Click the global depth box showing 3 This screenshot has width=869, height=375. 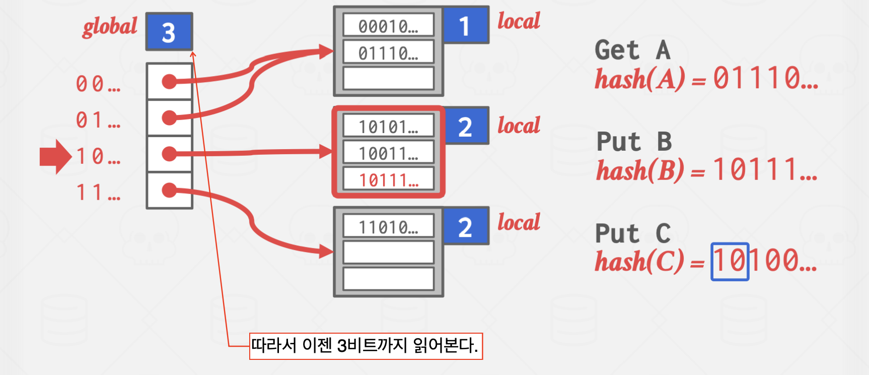[169, 32]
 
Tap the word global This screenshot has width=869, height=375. [110, 27]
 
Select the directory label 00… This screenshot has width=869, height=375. [98, 84]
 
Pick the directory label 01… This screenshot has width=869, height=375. [98, 120]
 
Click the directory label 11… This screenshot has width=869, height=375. [98, 193]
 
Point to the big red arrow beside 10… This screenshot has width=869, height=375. [55, 157]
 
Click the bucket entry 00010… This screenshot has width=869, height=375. [388, 26]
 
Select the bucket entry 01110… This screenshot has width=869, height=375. [388, 52]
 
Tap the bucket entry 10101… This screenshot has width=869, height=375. [388, 127]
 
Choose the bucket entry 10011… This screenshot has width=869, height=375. [388, 153]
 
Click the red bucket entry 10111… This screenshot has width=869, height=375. [388, 180]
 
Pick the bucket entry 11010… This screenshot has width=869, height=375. [388, 227]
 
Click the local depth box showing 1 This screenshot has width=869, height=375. [465, 25]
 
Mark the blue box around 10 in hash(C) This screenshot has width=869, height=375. [730, 262]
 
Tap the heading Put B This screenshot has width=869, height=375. [634, 142]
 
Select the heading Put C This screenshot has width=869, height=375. [633, 233]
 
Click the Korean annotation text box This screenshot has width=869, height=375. [366, 346]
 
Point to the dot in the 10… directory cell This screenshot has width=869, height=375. [169, 154]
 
